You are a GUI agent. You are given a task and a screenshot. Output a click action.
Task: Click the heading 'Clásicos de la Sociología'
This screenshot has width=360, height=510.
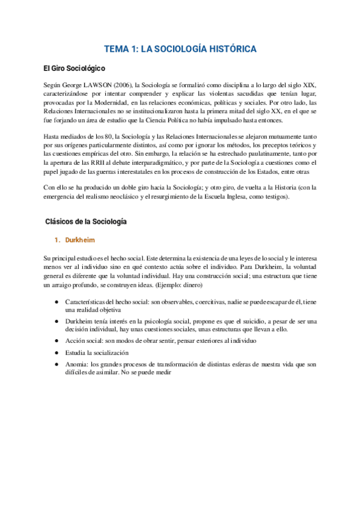(x=86, y=222)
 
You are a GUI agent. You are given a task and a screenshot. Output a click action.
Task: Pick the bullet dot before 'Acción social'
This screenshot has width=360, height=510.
(x=56, y=341)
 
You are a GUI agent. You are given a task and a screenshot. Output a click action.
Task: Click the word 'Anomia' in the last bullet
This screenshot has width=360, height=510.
(x=76, y=364)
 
